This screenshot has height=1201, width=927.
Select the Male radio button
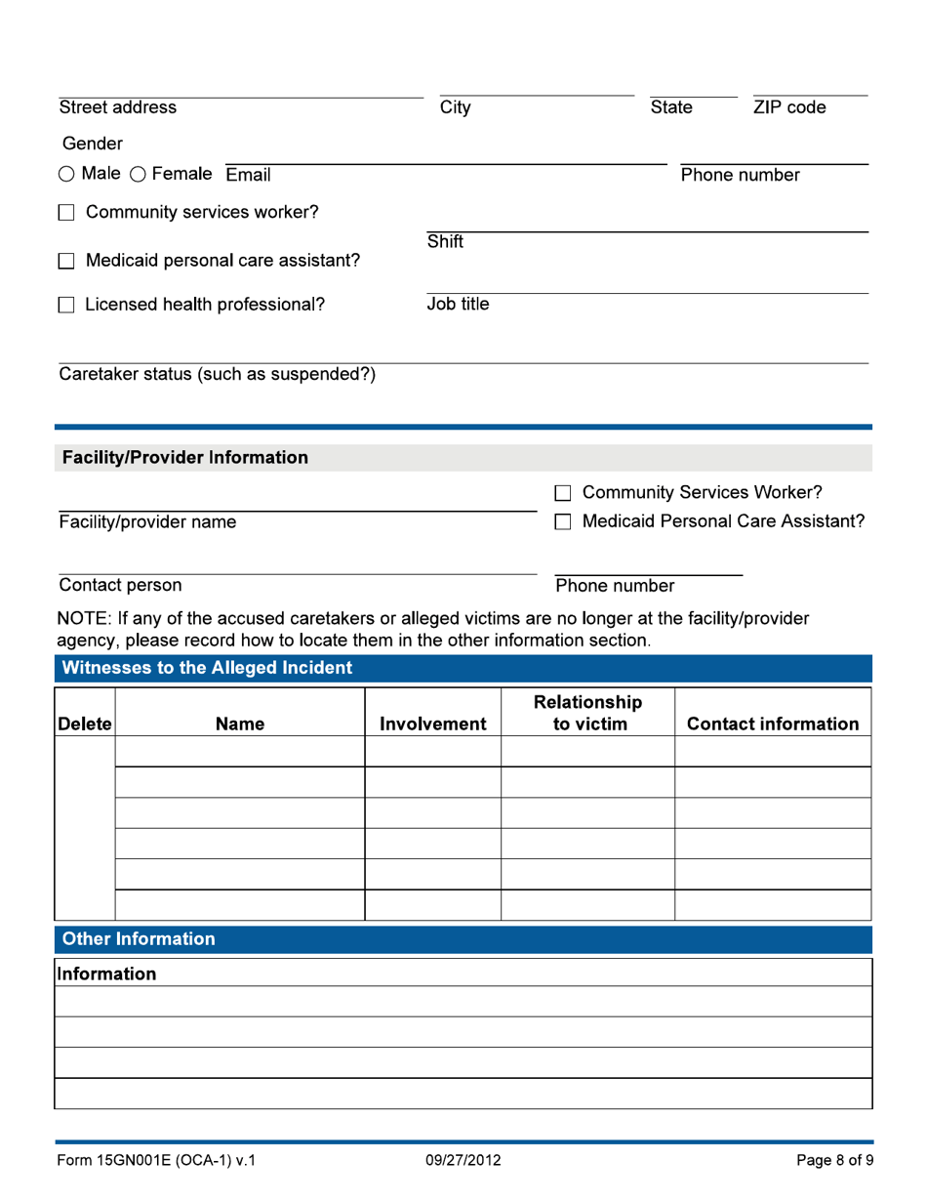coord(66,175)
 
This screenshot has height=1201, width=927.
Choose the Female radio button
coord(137,175)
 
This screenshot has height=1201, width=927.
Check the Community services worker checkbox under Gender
coord(66,213)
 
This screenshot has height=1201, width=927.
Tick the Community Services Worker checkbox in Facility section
coord(563,493)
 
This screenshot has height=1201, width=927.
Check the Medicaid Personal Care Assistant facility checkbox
coord(563,522)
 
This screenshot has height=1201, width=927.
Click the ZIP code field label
coord(788,108)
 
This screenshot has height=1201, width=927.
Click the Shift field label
coord(445,242)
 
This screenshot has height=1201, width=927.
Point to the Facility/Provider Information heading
coord(185,458)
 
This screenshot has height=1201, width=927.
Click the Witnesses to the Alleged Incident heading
coord(207,669)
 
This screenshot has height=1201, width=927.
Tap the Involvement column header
coord(432,725)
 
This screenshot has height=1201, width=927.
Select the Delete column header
coord(85,725)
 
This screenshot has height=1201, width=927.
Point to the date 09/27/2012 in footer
coord(463,1161)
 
